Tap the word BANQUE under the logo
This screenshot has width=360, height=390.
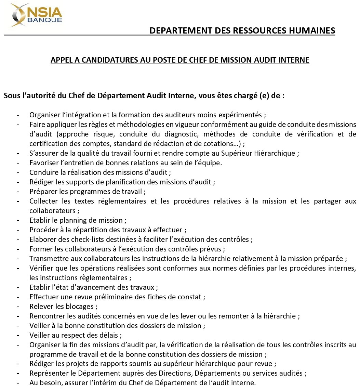click(x=48, y=20)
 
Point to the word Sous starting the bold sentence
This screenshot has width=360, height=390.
click(x=11, y=95)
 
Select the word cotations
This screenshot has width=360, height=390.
click(x=223, y=144)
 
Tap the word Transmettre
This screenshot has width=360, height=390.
click(x=48, y=259)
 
